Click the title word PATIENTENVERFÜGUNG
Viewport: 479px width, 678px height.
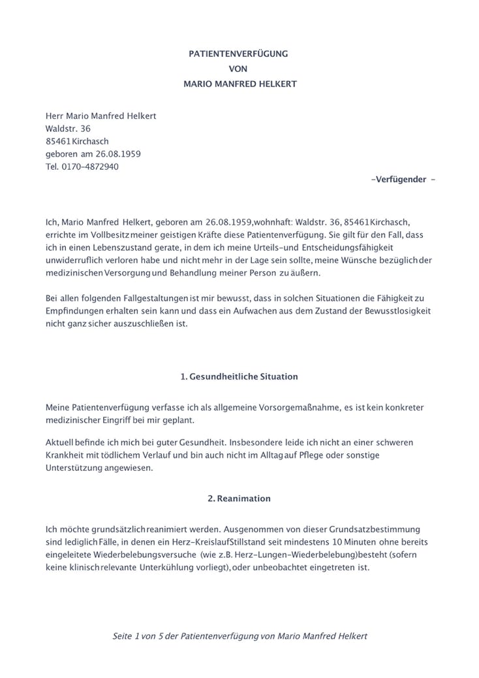pyautogui.click(x=238, y=54)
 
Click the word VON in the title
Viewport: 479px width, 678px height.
pyautogui.click(x=239, y=69)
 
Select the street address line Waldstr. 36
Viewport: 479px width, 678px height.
pyautogui.click(x=68, y=129)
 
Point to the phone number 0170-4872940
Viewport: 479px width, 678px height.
pyautogui.click(x=90, y=167)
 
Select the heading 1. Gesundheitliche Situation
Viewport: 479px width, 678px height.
pyautogui.click(x=239, y=377)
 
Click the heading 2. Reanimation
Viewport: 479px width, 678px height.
pyautogui.click(x=239, y=498)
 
